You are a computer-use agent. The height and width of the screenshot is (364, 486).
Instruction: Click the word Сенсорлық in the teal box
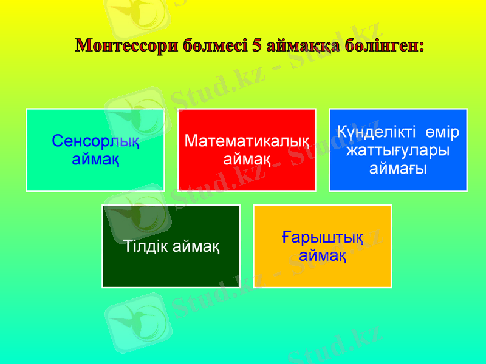[95, 142]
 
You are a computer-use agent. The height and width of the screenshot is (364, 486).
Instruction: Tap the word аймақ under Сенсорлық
[95, 160]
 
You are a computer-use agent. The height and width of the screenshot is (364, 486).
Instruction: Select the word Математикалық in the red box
[247, 142]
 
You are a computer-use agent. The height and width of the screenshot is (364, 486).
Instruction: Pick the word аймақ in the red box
[247, 160]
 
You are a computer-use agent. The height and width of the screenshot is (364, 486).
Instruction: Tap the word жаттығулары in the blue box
[398, 149]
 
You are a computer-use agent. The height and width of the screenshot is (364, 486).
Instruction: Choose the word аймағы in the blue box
[398, 167]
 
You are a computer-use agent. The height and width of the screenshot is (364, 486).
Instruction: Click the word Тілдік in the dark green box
[145, 247]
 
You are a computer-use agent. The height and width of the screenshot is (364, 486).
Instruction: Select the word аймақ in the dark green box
[196, 247]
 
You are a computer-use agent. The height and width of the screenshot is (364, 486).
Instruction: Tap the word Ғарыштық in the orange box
[323, 237]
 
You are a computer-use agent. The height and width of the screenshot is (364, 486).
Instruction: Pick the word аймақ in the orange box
[323, 255]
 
